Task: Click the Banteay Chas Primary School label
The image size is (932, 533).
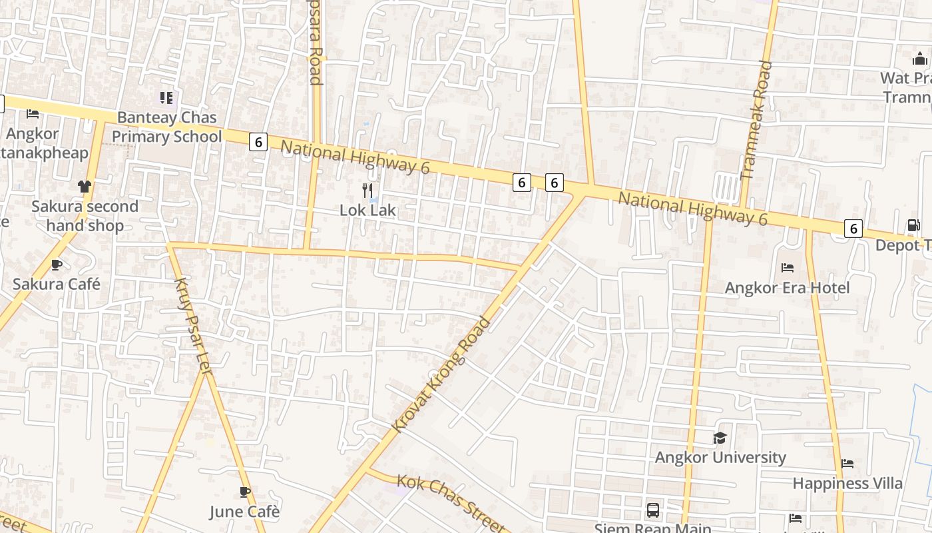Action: click(166, 127)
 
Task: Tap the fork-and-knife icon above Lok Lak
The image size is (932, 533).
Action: click(367, 191)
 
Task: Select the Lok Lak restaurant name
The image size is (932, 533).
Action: click(367, 211)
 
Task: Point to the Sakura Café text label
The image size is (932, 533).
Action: click(57, 284)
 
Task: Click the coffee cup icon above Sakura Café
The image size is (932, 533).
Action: click(57, 265)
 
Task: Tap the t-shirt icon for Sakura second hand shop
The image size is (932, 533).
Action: click(85, 187)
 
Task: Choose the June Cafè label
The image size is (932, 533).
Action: click(244, 512)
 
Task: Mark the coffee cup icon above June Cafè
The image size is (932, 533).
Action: click(245, 492)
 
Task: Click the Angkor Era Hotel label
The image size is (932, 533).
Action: click(787, 288)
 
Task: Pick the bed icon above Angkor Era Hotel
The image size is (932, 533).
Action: click(788, 268)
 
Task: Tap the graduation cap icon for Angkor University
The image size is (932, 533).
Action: click(720, 438)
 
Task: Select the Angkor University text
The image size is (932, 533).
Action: click(720, 458)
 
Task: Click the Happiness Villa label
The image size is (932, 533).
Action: click(847, 484)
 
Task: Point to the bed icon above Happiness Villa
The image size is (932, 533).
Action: click(847, 463)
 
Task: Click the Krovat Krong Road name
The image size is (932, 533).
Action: click(442, 374)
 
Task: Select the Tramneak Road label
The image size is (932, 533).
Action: click(757, 120)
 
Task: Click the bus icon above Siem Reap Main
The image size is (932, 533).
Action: click(653, 510)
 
